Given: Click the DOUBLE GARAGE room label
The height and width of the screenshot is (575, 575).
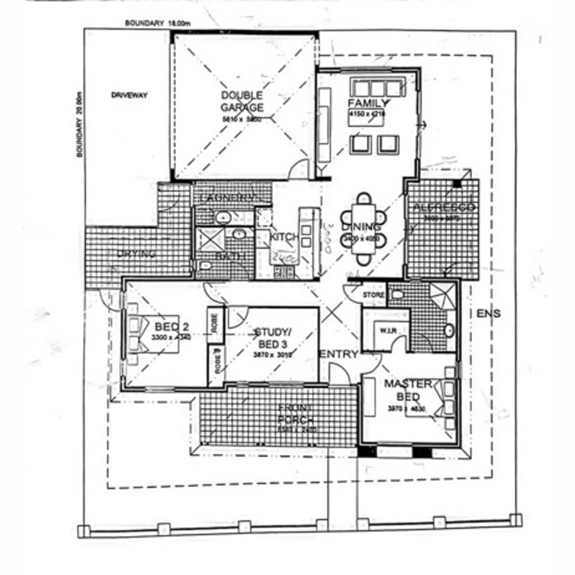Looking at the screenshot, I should click(x=242, y=101).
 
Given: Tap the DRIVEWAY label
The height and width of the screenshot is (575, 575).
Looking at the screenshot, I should click(x=129, y=96).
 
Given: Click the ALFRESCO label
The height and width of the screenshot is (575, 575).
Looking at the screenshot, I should click(x=444, y=208).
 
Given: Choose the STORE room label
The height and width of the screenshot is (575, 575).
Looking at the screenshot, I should click(x=373, y=295).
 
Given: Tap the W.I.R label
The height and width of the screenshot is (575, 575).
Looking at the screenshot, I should click(x=387, y=331).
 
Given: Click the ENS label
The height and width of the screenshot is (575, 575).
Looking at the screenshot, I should click(x=488, y=314).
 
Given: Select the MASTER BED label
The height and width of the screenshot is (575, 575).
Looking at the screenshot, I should click(x=408, y=390).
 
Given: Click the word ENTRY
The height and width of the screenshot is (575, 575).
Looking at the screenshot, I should click(x=339, y=355).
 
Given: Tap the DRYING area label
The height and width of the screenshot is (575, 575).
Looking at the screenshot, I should click(x=137, y=254).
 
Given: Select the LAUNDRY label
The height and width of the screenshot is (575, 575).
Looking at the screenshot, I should click(x=227, y=198).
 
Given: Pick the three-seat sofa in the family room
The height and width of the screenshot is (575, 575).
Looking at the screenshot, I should click(x=377, y=87).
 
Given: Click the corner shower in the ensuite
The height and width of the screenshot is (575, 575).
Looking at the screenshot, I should click(x=444, y=297).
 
